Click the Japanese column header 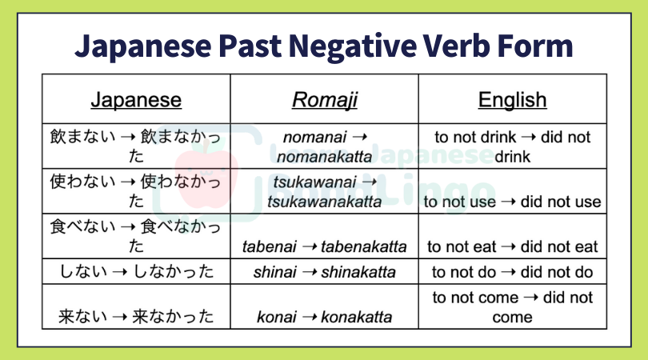point(136,100)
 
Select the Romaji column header point(325,100)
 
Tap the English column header point(513,100)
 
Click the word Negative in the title point(353,46)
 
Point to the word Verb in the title point(456,46)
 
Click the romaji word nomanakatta point(325,157)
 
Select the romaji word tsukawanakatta point(325,202)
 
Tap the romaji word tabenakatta point(364,246)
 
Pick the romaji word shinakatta point(358,272)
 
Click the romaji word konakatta point(356,317)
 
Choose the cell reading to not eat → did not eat point(513,246)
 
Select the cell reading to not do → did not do point(513,272)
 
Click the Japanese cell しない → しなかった point(136,271)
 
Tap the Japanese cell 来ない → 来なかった point(136,317)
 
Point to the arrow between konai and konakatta point(309,317)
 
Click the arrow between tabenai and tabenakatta point(309,246)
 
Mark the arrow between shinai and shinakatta point(309,272)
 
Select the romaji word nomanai point(315,138)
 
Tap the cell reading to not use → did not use point(513,202)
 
